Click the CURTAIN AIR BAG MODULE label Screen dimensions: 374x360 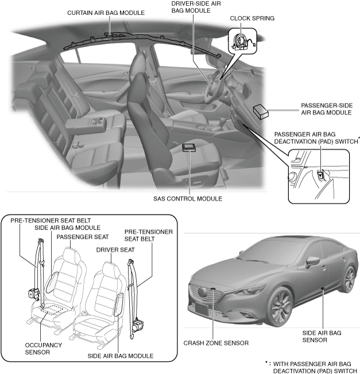click(106, 13)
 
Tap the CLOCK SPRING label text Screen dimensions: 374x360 click(252, 18)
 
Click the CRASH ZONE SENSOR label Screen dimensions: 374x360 click(216, 343)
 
